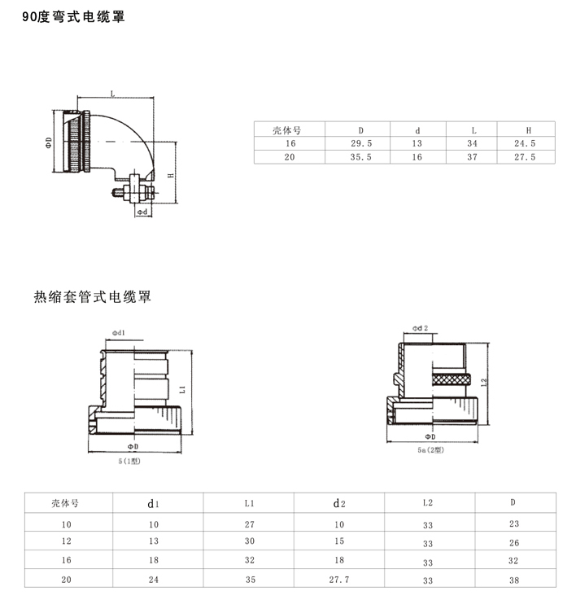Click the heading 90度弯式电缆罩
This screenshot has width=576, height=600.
(x=68, y=15)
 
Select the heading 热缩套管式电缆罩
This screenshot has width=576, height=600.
(x=92, y=297)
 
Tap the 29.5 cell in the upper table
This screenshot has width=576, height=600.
(x=360, y=143)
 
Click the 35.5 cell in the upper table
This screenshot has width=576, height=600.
(x=360, y=157)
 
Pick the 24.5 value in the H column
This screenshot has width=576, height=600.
(x=527, y=143)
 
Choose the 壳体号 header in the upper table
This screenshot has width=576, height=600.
(x=290, y=129)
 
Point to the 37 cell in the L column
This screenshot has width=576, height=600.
(x=473, y=157)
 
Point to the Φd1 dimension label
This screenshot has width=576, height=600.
(x=117, y=333)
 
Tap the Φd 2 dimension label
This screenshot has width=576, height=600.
(x=420, y=327)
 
